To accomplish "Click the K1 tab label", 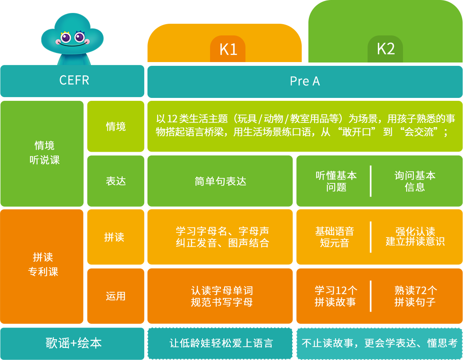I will click(x=228, y=50).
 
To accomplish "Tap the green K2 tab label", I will click(x=385, y=49).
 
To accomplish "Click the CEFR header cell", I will click(x=74, y=80).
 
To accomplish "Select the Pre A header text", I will click(x=305, y=81).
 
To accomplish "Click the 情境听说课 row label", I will click(x=45, y=152).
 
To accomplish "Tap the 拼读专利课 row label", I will click(x=43, y=265).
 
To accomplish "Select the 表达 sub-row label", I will click(x=115, y=181).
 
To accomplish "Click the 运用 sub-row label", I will click(x=115, y=296).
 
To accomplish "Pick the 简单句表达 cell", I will click(x=220, y=181).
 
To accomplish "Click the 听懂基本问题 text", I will click(x=336, y=181).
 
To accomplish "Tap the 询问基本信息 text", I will click(x=415, y=181).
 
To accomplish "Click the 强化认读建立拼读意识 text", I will click(x=415, y=237).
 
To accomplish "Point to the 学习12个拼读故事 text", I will click(x=335, y=296).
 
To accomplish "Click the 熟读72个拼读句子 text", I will click(x=415, y=296).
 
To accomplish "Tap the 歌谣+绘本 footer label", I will click(x=73, y=343).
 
